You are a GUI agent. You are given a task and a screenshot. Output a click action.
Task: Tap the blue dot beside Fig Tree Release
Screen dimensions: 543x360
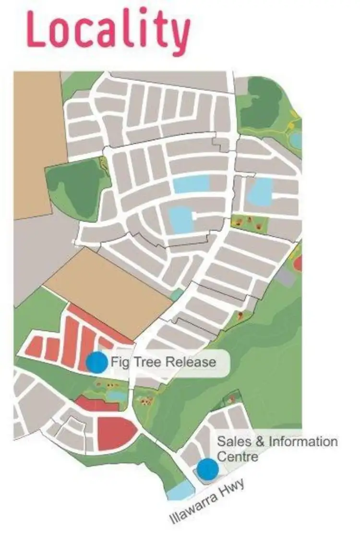tap(97, 362)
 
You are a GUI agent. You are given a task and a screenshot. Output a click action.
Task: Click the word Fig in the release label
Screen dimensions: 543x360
tap(120, 362)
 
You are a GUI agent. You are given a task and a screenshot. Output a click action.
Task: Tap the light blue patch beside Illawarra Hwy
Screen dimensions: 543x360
tap(180, 491)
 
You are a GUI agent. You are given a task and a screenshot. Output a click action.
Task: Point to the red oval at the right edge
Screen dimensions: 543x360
tap(298, 263)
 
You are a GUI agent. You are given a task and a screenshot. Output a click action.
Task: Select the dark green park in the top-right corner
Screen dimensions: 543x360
tap(262, 103)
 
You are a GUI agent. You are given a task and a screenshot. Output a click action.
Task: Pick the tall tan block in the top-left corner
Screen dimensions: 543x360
tap(38, 144)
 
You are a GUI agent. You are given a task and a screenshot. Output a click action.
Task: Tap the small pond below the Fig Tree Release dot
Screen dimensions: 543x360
tap(117, 395)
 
